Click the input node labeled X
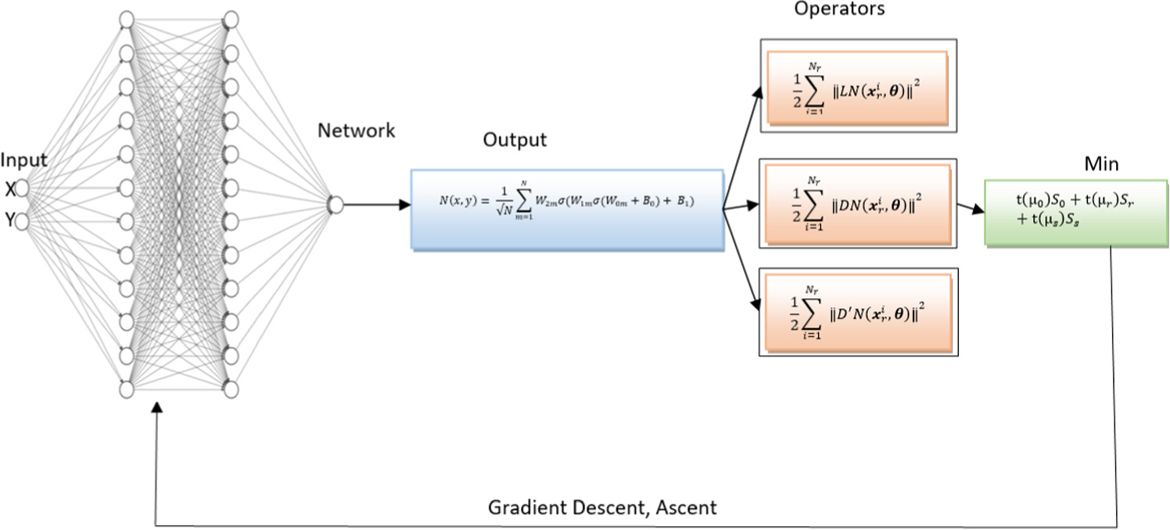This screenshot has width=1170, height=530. [22, 188]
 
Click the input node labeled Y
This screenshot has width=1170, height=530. [22, 222]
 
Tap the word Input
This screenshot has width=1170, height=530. [23, 160]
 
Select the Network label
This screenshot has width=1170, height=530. [356, 131]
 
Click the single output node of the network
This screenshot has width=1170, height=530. [336, 205]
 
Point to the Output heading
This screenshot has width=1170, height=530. [515, 140]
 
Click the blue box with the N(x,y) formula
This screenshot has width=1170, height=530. [567, 209]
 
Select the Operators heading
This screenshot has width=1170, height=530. [839, 9]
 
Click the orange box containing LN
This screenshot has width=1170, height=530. [857, 87]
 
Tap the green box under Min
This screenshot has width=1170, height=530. [1076, 213]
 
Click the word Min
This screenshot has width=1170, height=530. [1101, 164]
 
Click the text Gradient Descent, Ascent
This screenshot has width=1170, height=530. [602, 507]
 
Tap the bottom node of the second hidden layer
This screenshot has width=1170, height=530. [231, 389]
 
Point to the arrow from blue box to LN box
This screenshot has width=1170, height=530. [742, 148]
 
